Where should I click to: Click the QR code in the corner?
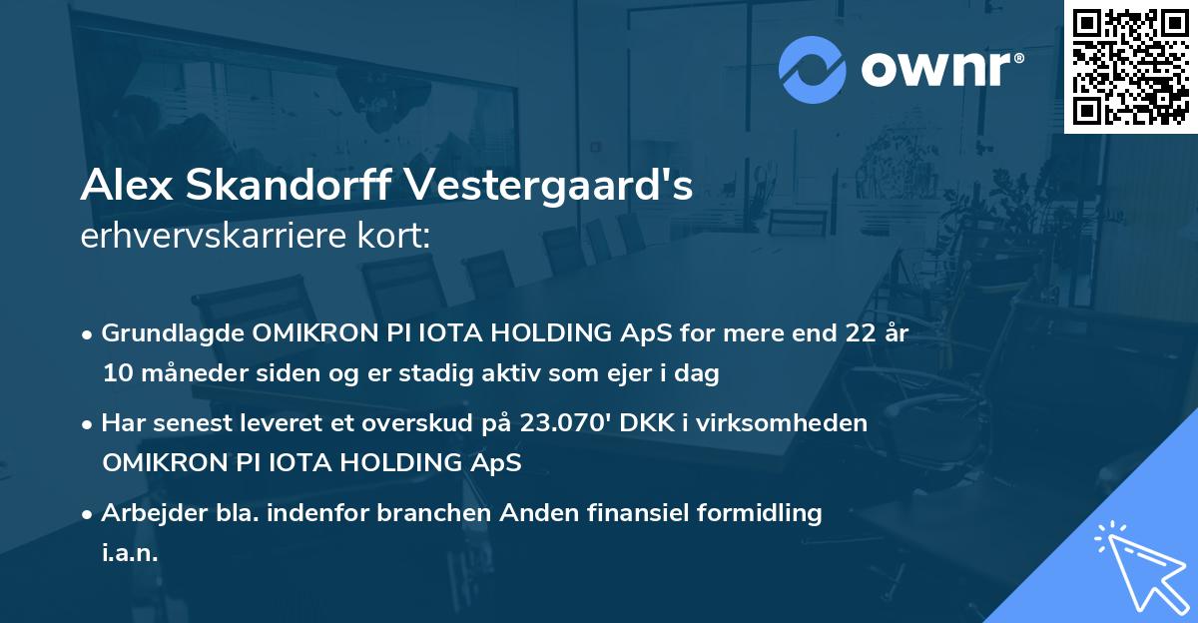1130,66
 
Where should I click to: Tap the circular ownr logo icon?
813,70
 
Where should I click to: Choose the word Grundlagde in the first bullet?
169,333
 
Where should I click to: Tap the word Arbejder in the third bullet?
147,513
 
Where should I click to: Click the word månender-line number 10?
115,374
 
